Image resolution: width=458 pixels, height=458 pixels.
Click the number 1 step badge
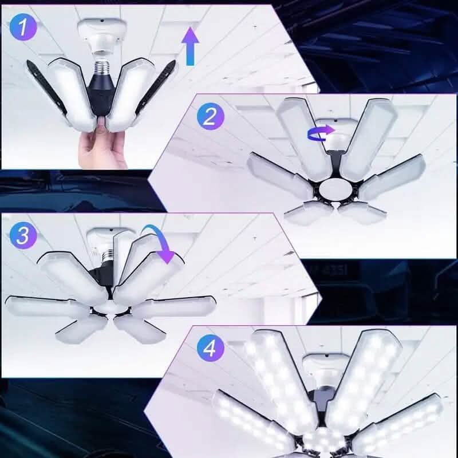point(22,28)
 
